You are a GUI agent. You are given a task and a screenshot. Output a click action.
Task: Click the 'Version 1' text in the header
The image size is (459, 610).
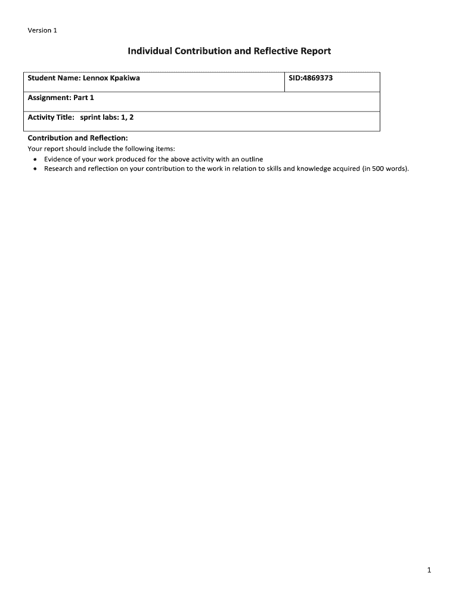click(42, 31)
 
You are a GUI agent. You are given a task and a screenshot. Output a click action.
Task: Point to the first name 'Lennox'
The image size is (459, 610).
click(95, 78)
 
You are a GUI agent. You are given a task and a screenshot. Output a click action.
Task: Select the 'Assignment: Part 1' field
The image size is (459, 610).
click(61, 98)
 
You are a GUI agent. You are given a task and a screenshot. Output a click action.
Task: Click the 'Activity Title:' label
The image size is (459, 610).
click(51, 117)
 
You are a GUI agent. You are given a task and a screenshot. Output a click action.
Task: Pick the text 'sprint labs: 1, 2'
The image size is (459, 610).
click(107, 117)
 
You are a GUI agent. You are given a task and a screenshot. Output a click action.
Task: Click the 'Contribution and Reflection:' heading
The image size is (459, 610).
click(77, 138)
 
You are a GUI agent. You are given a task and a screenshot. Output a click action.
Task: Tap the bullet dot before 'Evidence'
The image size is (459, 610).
click(36, 160)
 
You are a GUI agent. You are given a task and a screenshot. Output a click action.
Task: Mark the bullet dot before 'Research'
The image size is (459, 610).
click(36, 169)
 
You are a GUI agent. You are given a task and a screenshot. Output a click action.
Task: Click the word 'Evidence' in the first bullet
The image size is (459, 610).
click(59, 159)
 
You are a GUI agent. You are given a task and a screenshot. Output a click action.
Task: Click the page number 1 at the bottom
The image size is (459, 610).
click(429, 571)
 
